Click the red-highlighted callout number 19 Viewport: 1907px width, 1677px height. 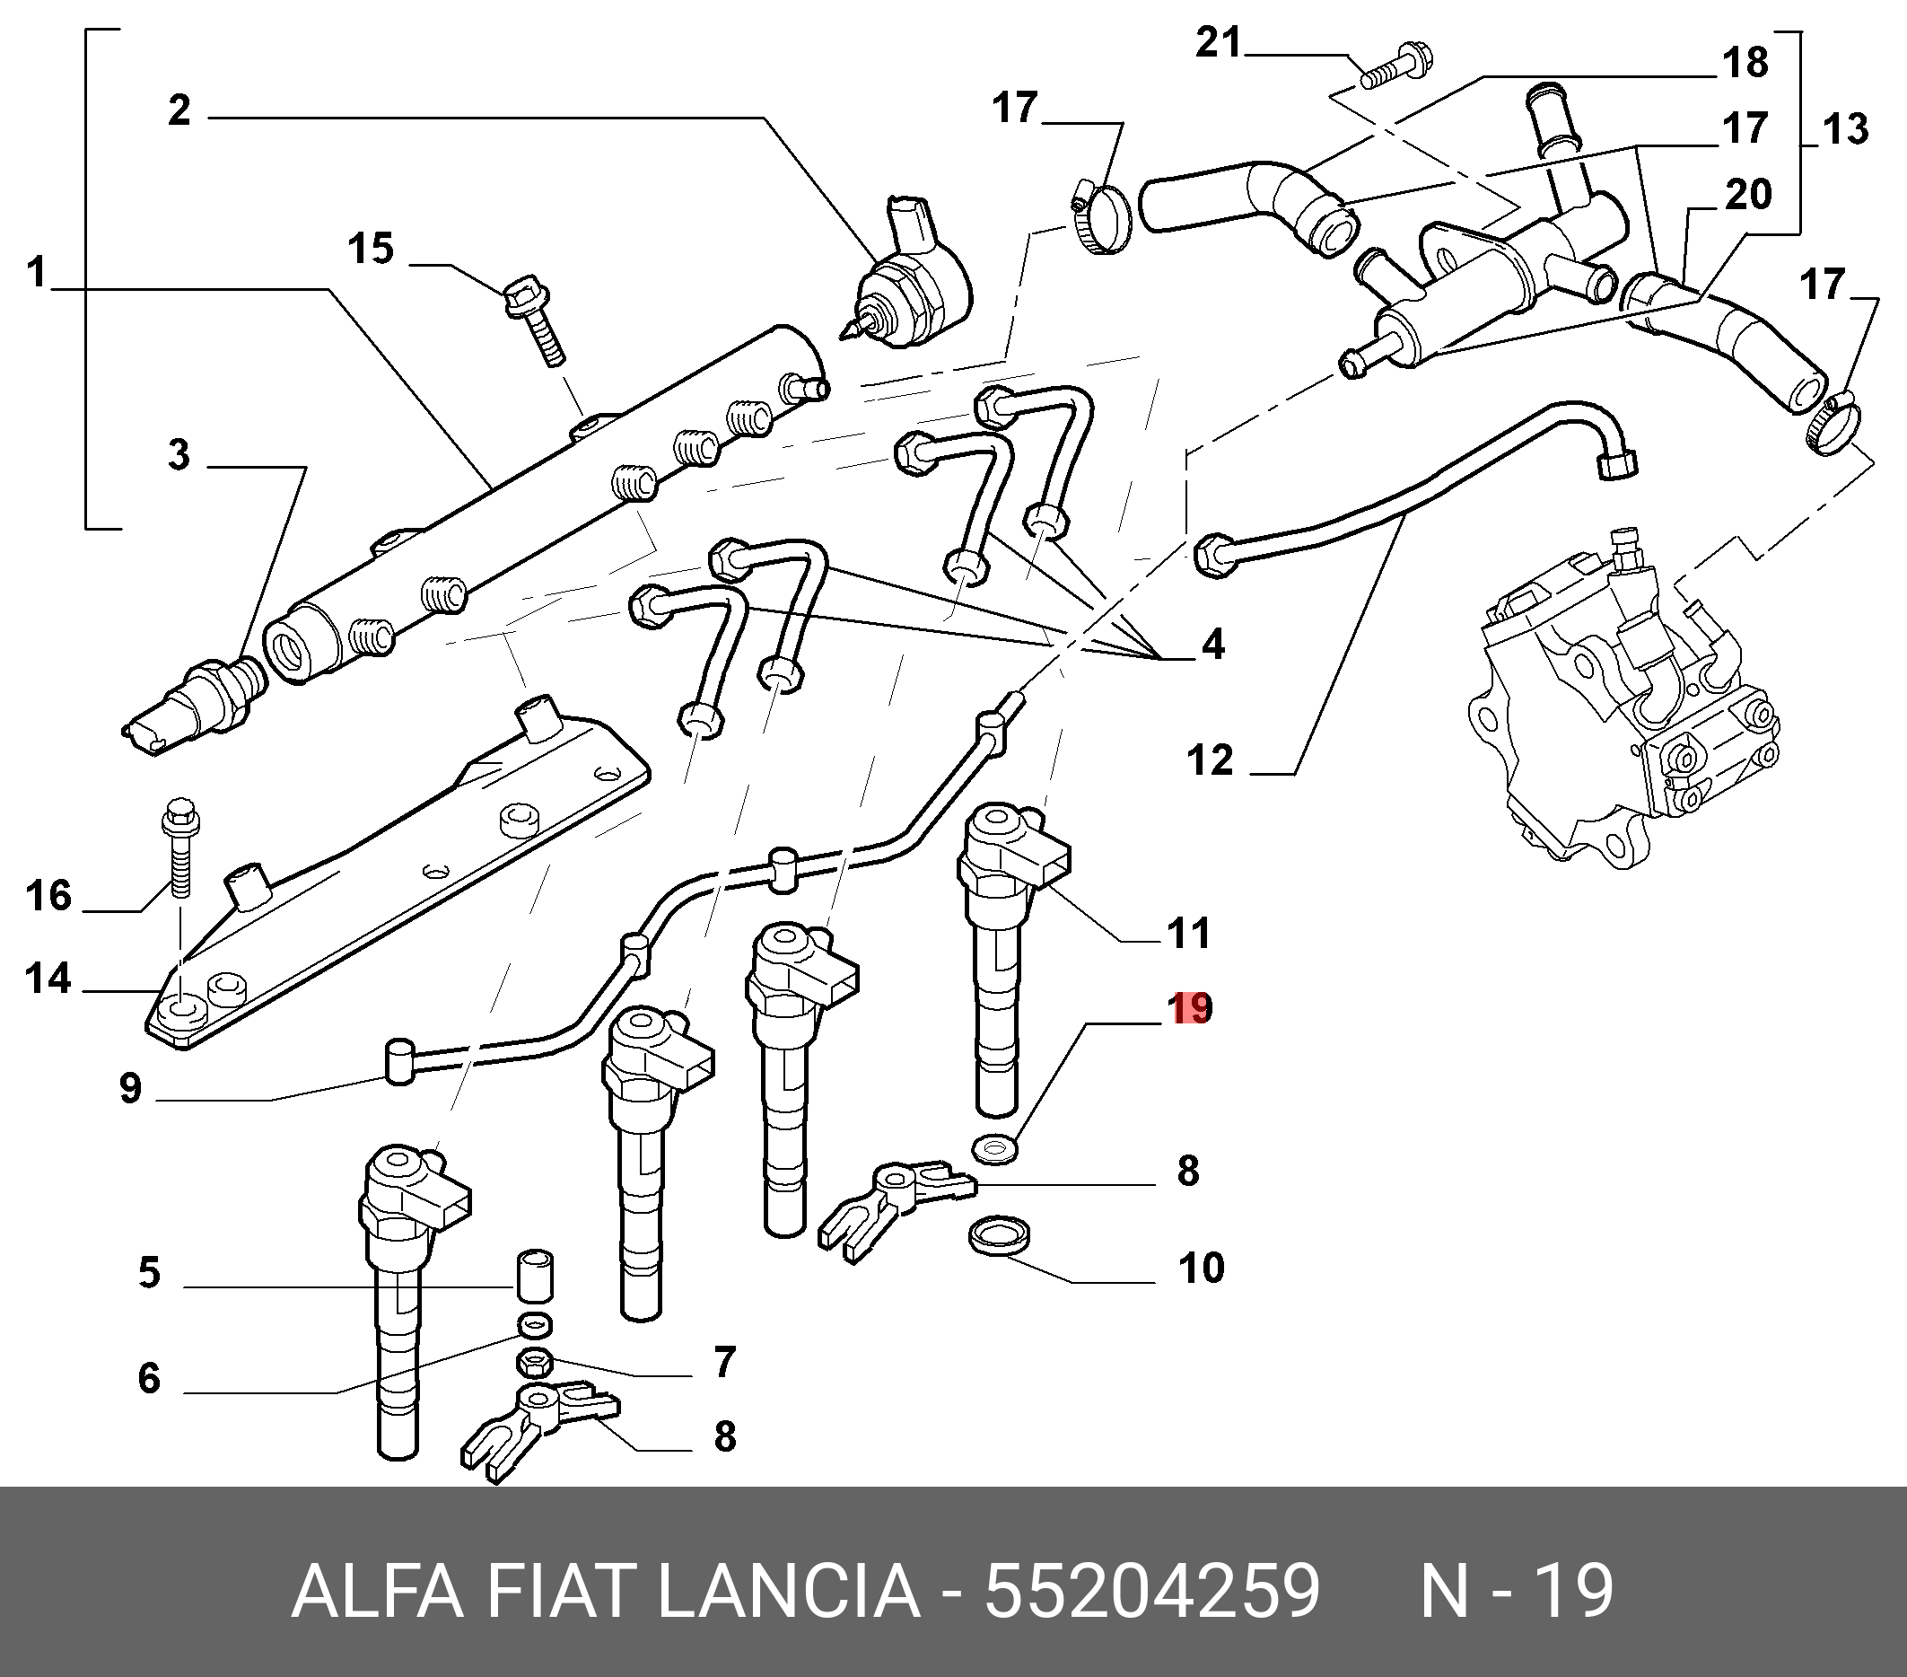coord(1192,1008)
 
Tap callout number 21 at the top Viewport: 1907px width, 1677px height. coord(1220,44)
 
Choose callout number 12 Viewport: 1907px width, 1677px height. coord(1210,759)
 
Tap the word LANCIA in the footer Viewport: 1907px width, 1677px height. coord(790,1592)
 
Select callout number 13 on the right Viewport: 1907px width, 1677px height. coord(1845,128)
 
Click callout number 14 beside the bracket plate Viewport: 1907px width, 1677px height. coord(48,979)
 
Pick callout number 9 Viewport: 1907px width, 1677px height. coord(131,1089)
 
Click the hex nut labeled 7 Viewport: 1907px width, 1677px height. coord(533,1365)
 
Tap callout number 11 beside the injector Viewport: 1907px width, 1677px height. coord(1188,932)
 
